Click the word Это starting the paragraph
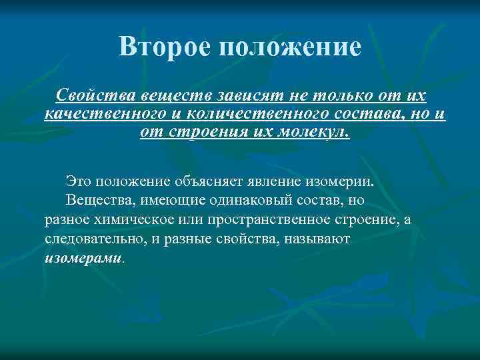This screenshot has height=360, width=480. [x=79, y=181]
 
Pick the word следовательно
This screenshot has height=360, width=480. [x=89, y=238]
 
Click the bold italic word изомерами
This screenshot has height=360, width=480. [x=82, y=257]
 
